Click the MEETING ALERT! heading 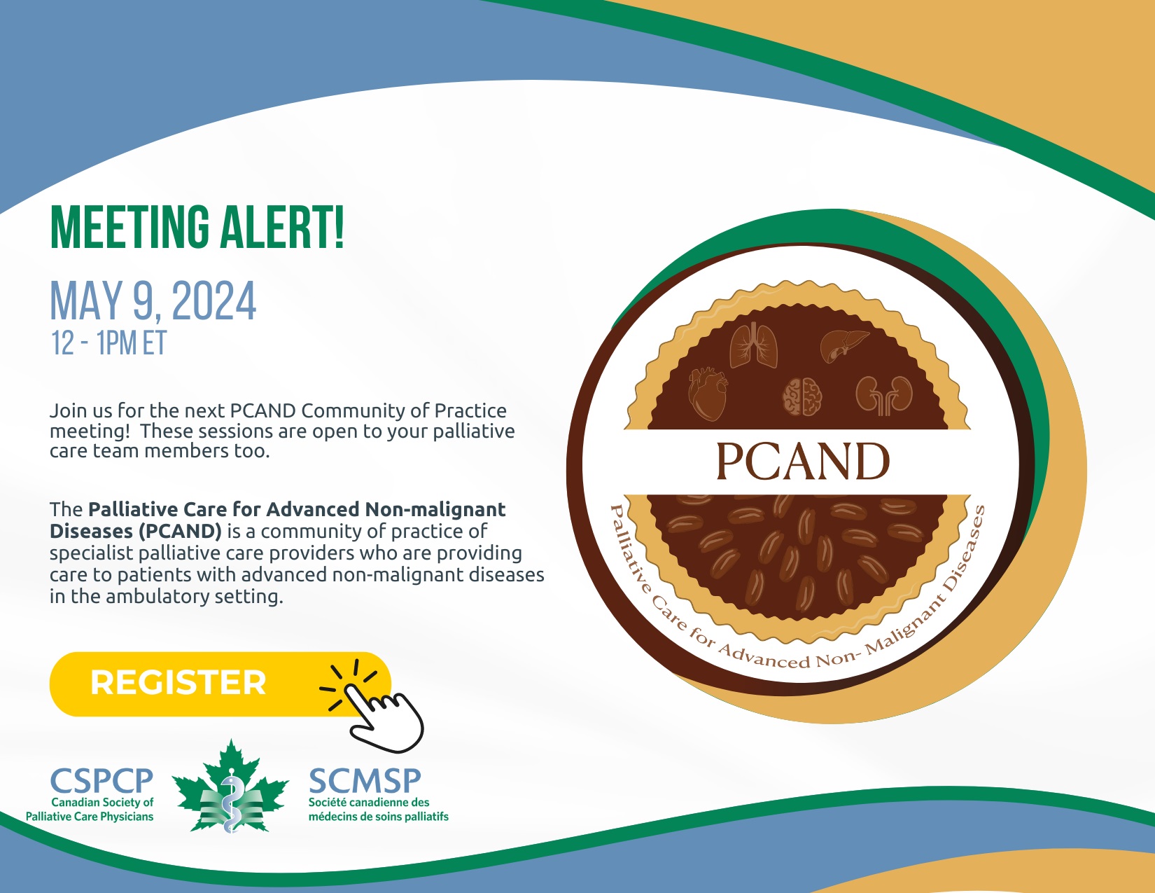coord(197,227)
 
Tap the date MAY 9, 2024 coord(153,301)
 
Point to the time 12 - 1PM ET coord(109,343)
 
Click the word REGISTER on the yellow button coord(178,682)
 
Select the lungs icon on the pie coord(753,345)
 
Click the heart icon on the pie coord(708,394)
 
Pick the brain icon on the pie coord(803,396)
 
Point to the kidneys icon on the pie coord(883,395)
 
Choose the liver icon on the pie coord(844,345)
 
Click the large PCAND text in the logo coord(803,461)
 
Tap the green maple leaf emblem coord(230,787)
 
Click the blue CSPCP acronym coord(101,780)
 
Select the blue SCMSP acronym coord(365,780)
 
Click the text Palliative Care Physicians coord(90,817)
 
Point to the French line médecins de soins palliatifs coord(379,817)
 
